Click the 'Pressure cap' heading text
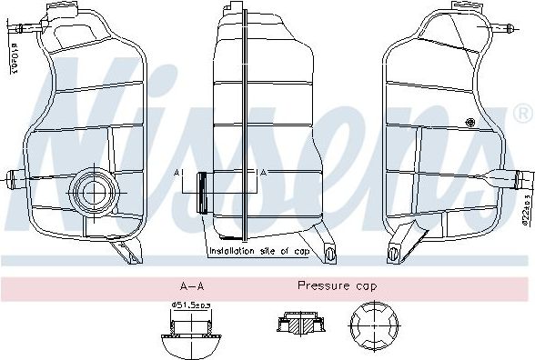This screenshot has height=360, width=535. (338, 285)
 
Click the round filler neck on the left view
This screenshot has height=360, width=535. (92, 191)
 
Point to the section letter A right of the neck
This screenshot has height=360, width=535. (263, 172)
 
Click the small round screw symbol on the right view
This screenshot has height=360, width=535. (470, 123)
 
